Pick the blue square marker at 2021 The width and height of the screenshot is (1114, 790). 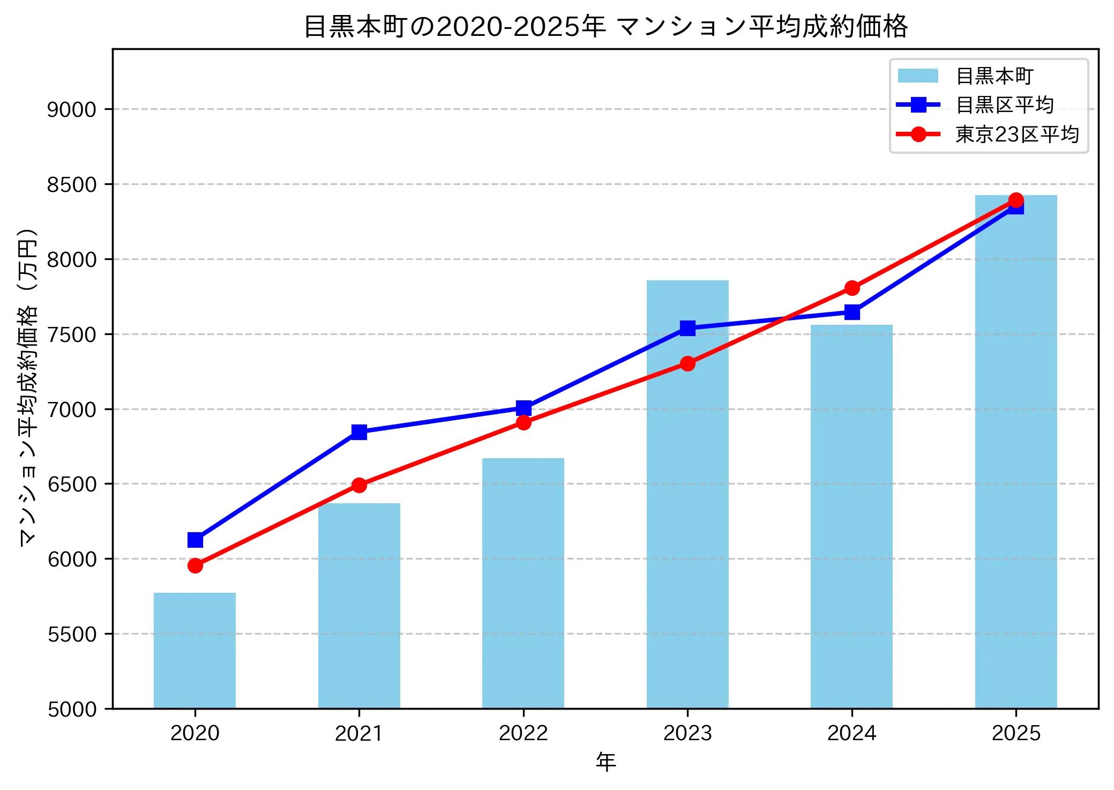coord(359,432)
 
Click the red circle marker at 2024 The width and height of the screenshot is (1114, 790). coord(852,288)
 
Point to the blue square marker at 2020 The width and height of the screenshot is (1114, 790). coord(195,540)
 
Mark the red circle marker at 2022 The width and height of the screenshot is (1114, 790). coord(524,423)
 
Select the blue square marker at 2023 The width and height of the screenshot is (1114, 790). coord(687,328)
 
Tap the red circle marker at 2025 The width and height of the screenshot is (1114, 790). coord(1016,200)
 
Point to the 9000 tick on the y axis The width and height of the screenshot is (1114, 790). coord(72,109)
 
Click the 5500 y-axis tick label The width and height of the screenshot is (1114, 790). coord(72,634)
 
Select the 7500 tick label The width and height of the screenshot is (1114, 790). coord(72,334)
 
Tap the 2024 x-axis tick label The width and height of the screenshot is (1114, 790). coord(851,733)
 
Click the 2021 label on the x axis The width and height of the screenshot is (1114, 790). coord(359,733)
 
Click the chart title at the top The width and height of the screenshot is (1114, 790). coord(605,26)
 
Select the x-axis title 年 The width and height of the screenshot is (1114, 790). coord(605,762)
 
